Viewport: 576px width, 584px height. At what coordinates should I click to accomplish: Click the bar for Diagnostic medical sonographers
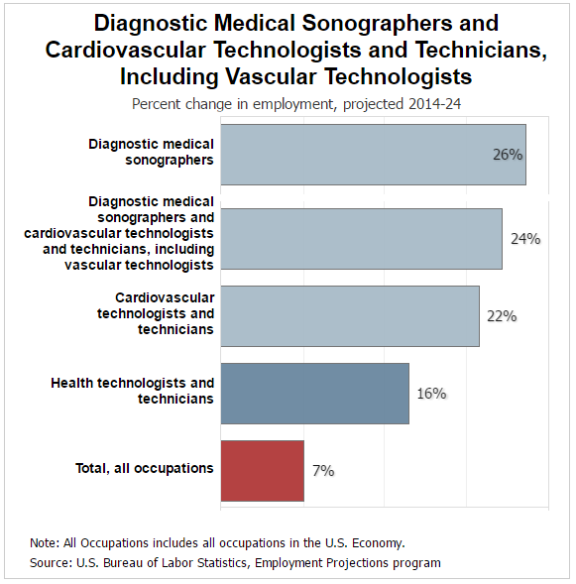373,154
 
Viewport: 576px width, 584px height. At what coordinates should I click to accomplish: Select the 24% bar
361,239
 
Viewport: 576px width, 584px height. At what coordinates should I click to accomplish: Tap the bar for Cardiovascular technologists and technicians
350,316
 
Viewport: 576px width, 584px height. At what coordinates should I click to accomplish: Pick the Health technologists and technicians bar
314,394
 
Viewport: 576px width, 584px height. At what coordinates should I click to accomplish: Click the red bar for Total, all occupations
262,471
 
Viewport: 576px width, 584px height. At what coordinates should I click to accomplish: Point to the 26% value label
508,155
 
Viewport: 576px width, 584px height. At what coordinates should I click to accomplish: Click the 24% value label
524,239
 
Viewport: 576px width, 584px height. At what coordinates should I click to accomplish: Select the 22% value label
502,316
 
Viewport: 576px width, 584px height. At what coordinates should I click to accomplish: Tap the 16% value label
431,394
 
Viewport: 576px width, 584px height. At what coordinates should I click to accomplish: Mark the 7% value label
323,471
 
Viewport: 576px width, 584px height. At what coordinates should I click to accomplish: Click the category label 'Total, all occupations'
145,468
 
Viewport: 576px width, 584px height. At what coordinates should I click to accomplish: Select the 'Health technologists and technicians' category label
133,391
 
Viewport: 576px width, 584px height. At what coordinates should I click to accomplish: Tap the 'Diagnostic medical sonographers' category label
151,152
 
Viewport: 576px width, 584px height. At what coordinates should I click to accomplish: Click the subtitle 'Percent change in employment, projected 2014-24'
287,102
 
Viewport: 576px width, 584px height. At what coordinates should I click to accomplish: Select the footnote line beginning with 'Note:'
217,542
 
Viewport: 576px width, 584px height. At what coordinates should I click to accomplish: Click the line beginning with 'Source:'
235,562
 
